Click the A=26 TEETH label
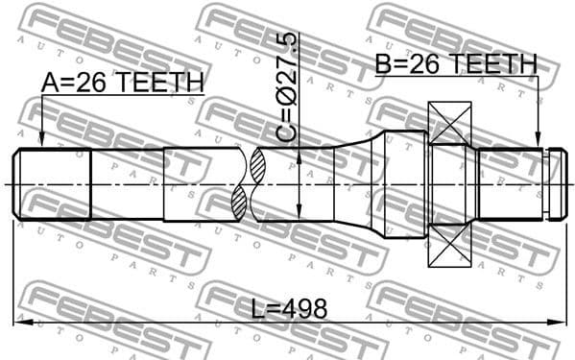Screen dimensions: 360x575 click(122, 84)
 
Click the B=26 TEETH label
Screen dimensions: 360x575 click(455, 64)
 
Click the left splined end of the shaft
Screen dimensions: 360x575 click(53, 183)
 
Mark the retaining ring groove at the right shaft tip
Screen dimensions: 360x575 click(546, 183)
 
